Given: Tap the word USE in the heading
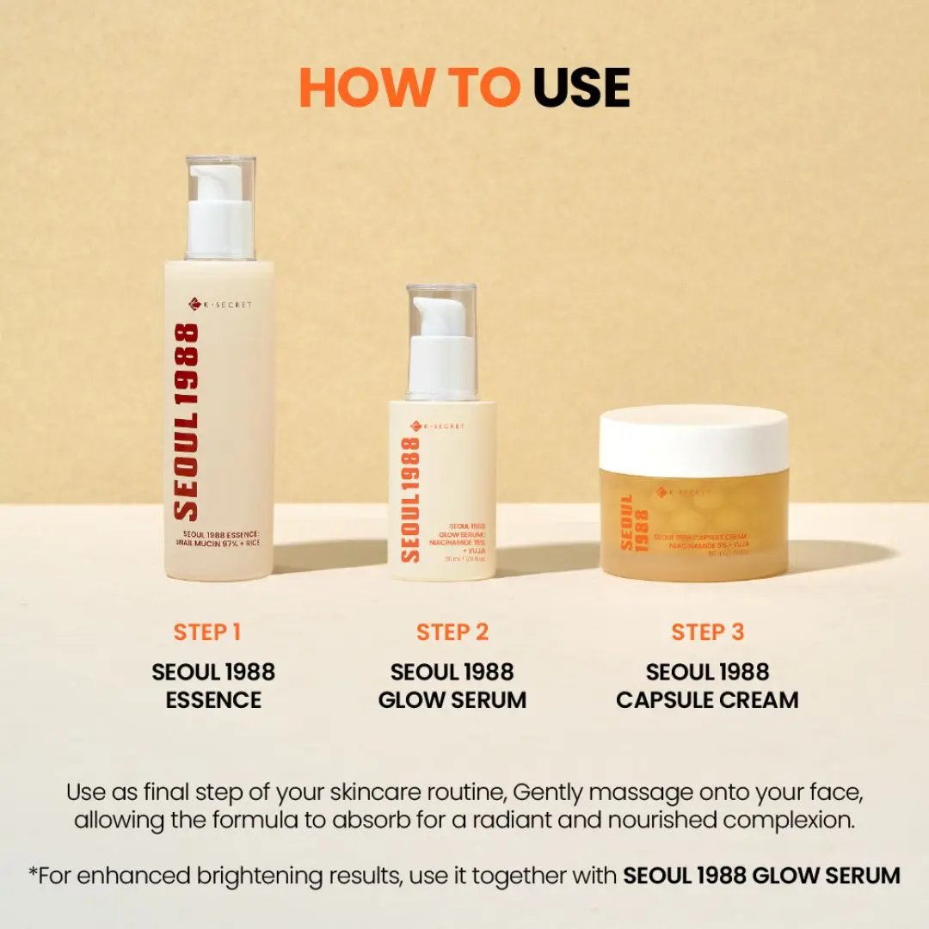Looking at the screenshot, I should pos(581,87).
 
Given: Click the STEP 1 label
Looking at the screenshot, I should pos(207,632).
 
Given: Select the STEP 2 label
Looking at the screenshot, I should pos(452,632).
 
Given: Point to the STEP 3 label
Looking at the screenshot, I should pos(707,632).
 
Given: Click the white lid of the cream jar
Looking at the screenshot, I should pos(693,440).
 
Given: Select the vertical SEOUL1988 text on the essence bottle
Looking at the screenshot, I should pos(186,421).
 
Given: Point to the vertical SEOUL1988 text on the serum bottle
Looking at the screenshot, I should pos(410,499).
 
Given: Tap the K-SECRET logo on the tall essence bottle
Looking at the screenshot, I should pos(220,304).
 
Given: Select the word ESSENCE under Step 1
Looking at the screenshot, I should pos(213,699).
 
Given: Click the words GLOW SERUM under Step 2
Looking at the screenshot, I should pos(452,699).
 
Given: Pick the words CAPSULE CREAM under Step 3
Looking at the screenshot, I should pos(707,699).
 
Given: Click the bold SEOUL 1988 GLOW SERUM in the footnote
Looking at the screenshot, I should pos(761,876).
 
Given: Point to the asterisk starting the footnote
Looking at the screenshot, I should pos(33,872).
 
